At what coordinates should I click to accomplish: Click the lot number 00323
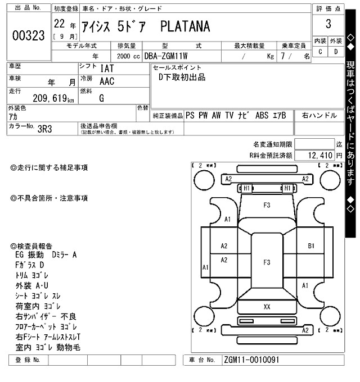click(28, 36)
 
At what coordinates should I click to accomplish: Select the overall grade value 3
click(328, 24)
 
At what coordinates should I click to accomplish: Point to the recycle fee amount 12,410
click(322, 154)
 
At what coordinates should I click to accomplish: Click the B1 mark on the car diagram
click(310, 246)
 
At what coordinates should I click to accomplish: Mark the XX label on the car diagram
click(267, 307)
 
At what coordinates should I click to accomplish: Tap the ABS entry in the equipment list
click(262, 115)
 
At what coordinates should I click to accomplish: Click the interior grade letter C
click(320, 52)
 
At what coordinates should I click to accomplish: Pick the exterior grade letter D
click(336, 52)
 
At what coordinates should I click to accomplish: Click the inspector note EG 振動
click(31, 255)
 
